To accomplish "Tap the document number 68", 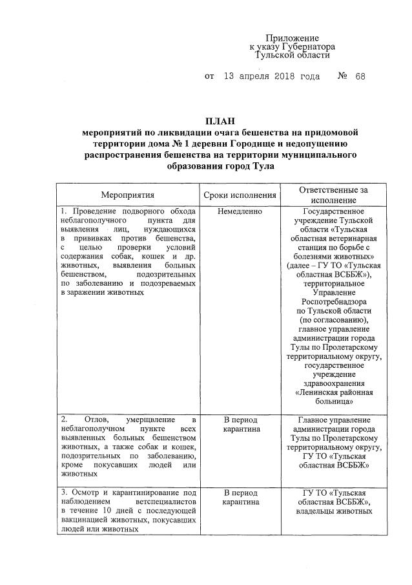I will [x=360, y=76].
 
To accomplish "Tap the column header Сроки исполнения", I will [x=240, y=195].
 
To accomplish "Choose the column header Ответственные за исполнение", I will [x=333, y=195].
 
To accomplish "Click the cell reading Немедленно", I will [x=240, y=211].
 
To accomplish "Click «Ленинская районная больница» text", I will [x=333, y=396].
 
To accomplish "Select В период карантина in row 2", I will [x=240, y=424].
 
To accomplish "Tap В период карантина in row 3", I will [x=240, y=496].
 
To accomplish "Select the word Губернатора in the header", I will [x=303, y=47].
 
